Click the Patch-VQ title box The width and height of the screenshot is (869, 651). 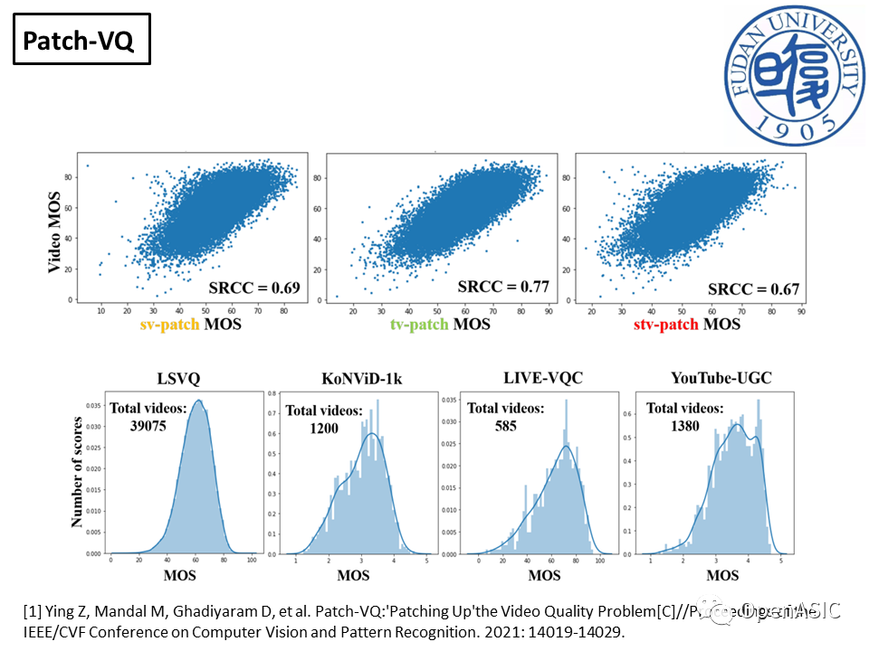(81, 42)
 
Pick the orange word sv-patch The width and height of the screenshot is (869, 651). (170, 323)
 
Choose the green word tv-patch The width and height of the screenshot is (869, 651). (420, 324)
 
